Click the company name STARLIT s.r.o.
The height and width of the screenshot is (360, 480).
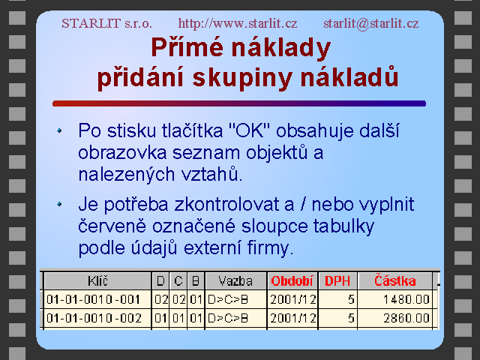click(x=106, y=23)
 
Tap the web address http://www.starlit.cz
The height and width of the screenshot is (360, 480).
click(x=238, y=23)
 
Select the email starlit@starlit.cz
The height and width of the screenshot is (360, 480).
click(x=371, y=23)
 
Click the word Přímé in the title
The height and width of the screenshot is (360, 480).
click(x=187, y=47)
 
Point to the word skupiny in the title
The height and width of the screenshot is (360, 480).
click(x=242, y=78)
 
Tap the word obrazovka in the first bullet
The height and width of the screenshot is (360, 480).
click(x=122, y=153)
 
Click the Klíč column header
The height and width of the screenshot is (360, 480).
click(x=98, y=280)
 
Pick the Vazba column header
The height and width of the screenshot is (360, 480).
click(x=235, y=281)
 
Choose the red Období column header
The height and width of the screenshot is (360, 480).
click(x=292, y=281)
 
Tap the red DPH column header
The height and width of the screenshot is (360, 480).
click(x=337, y=281)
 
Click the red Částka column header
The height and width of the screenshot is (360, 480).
click(x=395, y=280)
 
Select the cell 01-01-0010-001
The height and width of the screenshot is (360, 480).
click(x=93, y=299)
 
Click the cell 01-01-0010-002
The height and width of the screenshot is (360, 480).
click(x=94, y=318)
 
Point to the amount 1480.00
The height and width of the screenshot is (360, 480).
click(x=406, y=299)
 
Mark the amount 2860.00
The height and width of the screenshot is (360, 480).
click(x=406, y=318)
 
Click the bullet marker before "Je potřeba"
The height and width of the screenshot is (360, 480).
click(x=59, y=204)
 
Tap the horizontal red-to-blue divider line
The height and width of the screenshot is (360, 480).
click(x=239, y=103)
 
